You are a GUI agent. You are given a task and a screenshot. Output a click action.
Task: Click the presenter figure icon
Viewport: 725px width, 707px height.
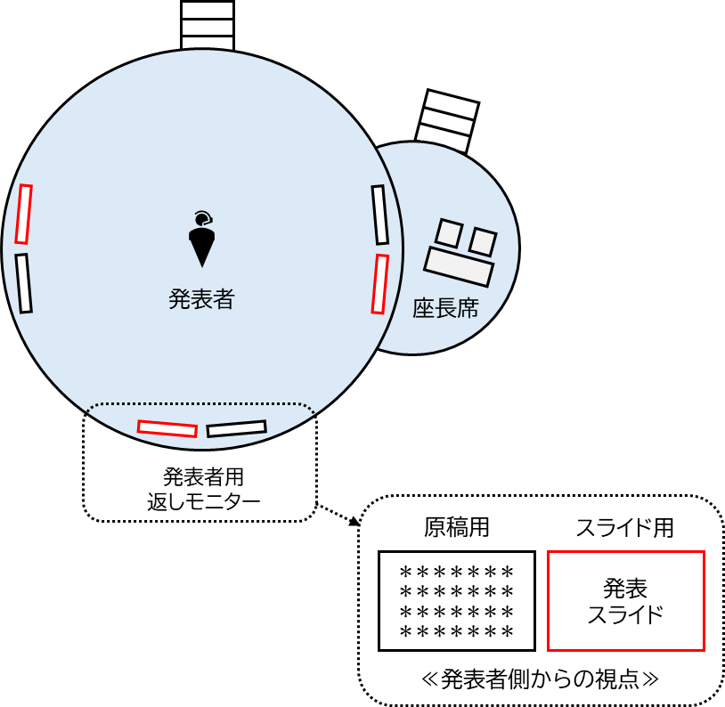tap(202, 240)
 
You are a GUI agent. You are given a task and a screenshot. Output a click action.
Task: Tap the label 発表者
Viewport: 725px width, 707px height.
tap(201, 299)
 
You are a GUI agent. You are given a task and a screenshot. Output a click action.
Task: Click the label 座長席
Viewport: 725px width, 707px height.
tap(445, 309)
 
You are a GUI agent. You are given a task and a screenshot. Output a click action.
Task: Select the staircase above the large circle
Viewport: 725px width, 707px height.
tap(208, 25)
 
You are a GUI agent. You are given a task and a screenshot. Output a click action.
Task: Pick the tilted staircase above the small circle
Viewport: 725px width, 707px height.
tap(447, 120)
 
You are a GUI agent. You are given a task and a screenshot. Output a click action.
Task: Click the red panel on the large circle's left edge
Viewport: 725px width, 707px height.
tap(23, 214)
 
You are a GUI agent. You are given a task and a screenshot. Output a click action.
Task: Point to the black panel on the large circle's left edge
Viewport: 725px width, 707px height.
tap(23, 283)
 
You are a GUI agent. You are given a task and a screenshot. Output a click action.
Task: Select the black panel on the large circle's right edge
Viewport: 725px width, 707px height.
tap(380, 215)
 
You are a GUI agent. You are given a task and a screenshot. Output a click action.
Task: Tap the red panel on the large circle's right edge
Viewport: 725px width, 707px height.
tap(380, 284)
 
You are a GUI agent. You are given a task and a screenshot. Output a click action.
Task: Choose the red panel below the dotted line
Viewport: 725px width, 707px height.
tap(167, 428)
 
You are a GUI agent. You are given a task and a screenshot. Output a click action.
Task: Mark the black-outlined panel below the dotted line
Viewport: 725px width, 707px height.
tap(236, 428)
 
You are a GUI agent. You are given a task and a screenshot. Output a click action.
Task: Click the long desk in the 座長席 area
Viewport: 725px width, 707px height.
tap(459, 266)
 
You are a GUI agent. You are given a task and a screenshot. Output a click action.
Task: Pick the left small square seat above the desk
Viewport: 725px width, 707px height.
tap(448, 233)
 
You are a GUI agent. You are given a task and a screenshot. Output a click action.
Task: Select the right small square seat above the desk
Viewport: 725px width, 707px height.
tap(483, 241)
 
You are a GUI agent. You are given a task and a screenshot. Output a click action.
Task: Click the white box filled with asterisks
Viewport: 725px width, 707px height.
tap(457, 601)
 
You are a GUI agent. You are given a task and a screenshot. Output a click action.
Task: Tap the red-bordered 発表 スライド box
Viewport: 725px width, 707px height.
tap(625, 601)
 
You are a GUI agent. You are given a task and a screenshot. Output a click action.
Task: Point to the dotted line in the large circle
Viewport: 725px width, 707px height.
tap(201, 405)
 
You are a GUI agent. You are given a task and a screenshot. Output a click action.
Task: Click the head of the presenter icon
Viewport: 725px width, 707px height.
tap(202, 217)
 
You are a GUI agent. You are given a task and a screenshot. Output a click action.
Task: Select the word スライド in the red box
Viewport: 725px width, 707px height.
tap(625, 614)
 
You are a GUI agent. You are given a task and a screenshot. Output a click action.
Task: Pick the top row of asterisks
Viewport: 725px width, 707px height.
tap(457, 571)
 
